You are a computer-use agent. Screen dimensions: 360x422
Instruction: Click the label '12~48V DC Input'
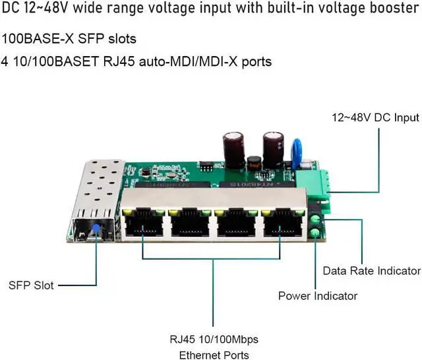click(x=375, y=118)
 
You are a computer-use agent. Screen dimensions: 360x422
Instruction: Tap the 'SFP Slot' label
click(x=31, y=285)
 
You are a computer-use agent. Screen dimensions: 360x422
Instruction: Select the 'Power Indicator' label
click(x=317, y=296)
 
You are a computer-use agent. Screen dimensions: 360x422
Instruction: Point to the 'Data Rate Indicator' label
click(x=371, y=271)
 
